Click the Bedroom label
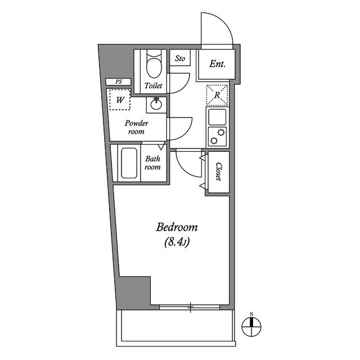[x=177, y=228]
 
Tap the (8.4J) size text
[x=177, y=243]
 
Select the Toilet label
[x=153, y=86]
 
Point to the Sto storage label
[x=180, y=58]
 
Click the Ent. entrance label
[x=217, y=64]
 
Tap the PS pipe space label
[x=119, y=82]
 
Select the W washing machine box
[x=120, y=100]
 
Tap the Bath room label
[x=153, y=163]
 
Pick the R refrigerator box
[x=217, y=94]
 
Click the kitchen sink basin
[x=217, y=117]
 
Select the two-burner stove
[x=217, y=136]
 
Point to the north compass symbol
[x=252, y=324]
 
